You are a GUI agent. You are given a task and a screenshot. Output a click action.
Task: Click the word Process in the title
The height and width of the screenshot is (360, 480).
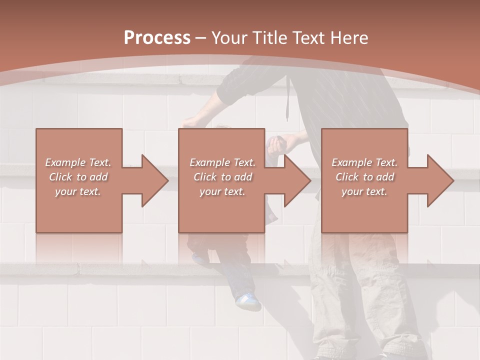coord(157,38)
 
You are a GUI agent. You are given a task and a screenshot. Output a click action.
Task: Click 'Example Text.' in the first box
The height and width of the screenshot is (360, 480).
coord(78,162)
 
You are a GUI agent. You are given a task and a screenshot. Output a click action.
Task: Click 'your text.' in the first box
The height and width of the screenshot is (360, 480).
coord(78,191)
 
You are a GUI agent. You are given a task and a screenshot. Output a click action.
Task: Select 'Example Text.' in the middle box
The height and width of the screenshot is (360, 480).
coord(222,162)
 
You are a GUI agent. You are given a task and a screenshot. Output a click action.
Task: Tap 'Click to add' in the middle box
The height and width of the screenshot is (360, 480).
coord(222,177)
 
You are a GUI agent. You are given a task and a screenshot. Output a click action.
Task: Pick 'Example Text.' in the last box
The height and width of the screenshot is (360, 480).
coord(364,162)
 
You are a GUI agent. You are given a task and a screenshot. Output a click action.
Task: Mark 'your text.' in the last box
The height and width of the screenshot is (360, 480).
coord(364,191)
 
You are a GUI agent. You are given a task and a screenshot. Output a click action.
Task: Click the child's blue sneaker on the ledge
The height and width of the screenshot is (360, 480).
coord(248,301)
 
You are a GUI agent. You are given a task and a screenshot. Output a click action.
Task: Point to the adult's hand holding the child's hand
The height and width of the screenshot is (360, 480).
coord(276,145)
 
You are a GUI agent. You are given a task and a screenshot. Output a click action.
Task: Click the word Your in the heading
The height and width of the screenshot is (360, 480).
coord(230,38)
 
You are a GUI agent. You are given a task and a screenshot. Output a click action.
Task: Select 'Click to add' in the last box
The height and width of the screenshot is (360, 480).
coord(364,177)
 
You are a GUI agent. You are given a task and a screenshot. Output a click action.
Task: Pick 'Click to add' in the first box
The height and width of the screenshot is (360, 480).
coord(78,177)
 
